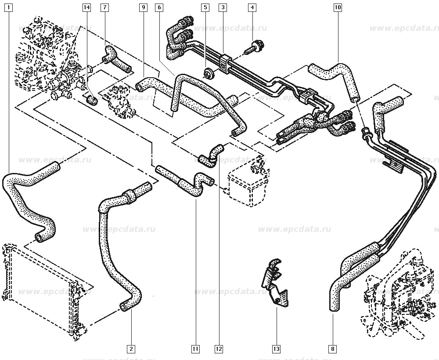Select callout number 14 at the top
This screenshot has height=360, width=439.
point(86,7)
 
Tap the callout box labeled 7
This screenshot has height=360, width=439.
point(104,7)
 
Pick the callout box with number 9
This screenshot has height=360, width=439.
point(143,7)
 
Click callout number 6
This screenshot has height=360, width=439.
point(159,7)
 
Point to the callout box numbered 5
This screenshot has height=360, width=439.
point(205,7)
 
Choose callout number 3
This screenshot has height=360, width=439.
point(223,7)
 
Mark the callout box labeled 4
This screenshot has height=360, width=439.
point(252,7)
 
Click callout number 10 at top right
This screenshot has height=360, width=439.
point(337,7)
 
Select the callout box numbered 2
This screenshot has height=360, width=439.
point(130,349)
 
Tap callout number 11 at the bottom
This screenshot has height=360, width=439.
point(195,349)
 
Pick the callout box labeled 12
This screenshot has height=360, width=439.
point(219,349)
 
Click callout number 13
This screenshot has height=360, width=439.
point(276,349)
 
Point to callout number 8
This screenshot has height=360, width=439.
point(333,349)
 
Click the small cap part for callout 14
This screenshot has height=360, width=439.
point(92,101)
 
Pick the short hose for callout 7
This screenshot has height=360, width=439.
point(116,59)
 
